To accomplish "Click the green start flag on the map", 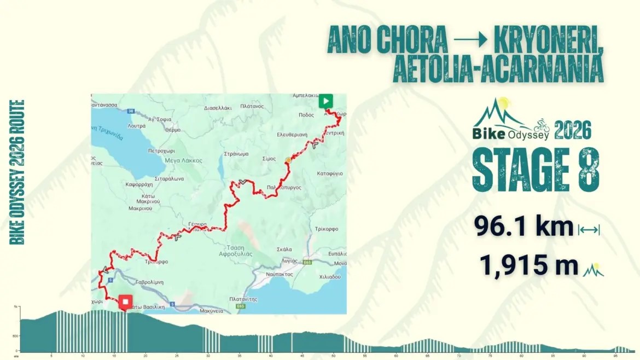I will (325, 101).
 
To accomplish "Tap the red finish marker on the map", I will (126, 302).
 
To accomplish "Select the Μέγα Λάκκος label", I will (184, 160).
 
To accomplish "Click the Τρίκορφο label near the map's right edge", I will (327, 229).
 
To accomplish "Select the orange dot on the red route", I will (288, 160).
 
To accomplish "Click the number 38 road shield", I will (130, 111).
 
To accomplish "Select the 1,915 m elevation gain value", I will (528, 265).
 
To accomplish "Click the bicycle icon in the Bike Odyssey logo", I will (542, 124).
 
